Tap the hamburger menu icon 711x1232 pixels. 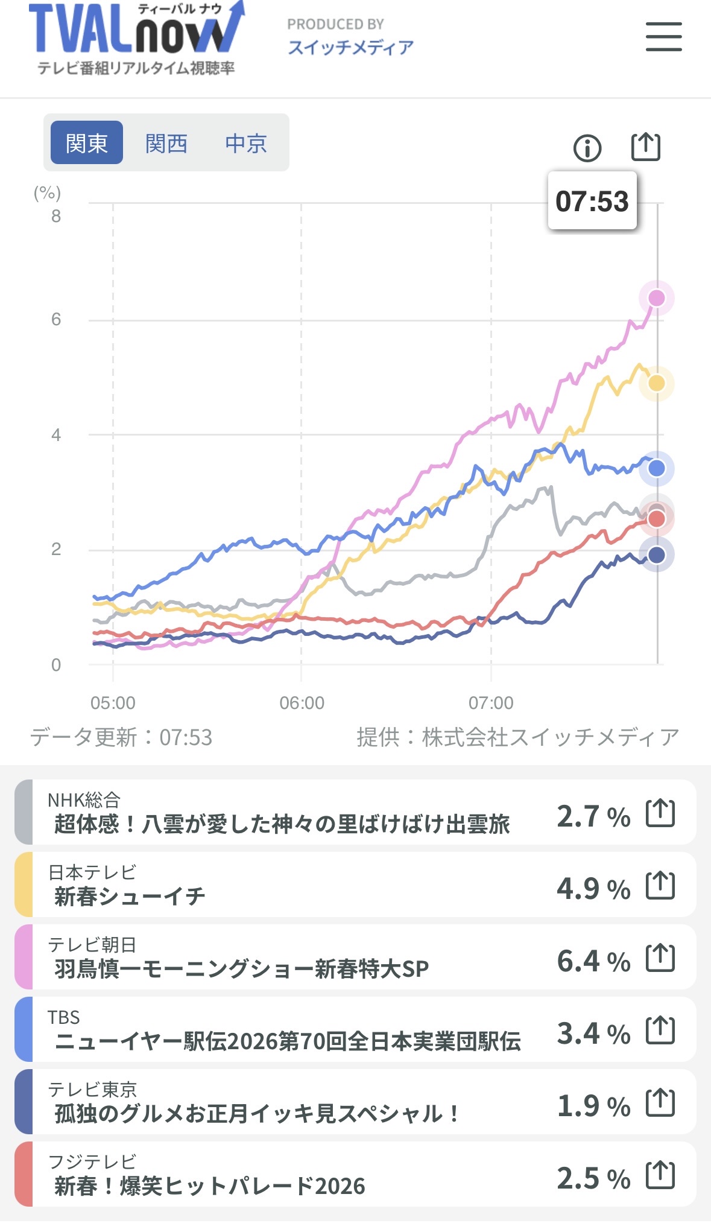pos(663,37)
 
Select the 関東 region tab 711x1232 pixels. pos(87,143)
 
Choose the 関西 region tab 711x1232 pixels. pos(166,143)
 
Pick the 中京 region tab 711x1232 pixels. pos(245,143)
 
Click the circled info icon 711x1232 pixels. pos(587,148)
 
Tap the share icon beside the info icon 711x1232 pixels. pos(645,147)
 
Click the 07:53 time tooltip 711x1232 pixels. pos(592,202)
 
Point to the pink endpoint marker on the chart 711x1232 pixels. pos(656,298)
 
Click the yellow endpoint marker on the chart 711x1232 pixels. pos(656,383)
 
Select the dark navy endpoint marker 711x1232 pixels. pos(656,555)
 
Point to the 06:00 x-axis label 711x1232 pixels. pos(302,703)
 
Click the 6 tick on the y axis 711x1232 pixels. pos(56,319)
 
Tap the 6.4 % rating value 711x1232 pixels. pos(593,961)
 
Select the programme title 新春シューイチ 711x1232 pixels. pos(130,897)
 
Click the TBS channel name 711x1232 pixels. pos(64,1017)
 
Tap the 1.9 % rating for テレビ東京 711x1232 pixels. pos(593,1106)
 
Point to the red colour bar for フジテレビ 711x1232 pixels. pos(24,1174)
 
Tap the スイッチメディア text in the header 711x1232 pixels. pos(350,47)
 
